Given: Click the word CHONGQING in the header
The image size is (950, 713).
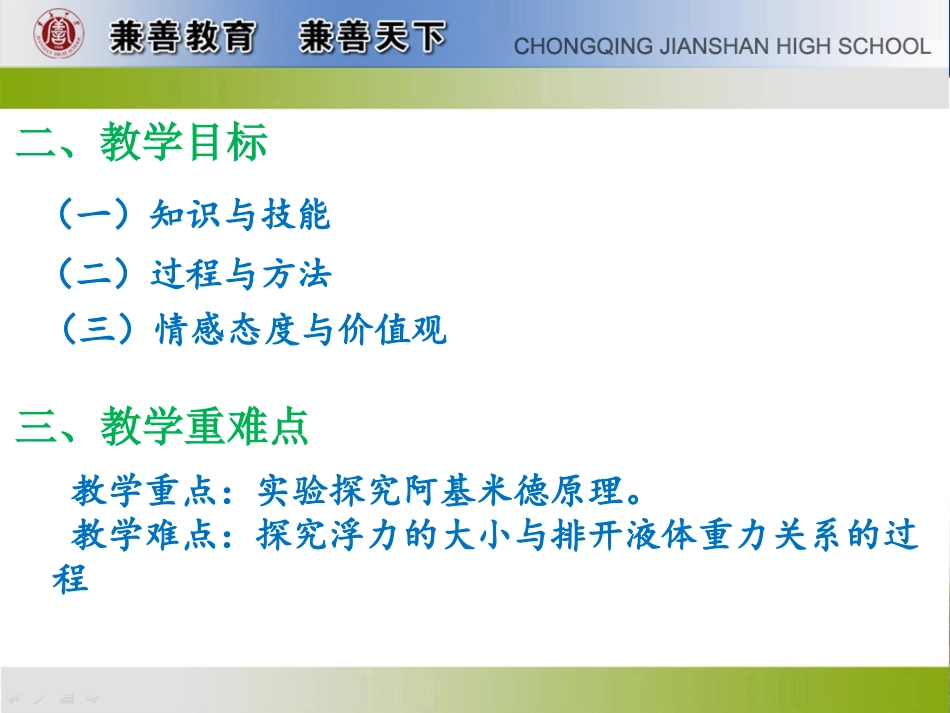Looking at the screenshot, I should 575,46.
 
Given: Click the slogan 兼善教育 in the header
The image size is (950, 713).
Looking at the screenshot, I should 183,38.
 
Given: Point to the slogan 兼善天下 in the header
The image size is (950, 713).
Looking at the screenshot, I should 372,38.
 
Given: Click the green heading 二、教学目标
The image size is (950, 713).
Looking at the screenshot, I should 142,144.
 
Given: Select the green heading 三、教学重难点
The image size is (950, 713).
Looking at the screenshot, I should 163,427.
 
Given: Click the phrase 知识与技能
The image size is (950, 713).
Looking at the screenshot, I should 240,214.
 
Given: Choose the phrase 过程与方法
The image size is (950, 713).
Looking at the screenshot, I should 241,273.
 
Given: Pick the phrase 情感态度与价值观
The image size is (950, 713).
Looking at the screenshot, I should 301,330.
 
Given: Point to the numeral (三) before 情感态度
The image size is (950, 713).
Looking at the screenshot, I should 97,330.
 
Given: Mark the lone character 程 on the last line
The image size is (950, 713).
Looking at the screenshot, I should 70,579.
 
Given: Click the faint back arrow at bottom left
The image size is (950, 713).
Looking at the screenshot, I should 14,696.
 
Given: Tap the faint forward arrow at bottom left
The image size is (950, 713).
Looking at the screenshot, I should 92,696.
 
